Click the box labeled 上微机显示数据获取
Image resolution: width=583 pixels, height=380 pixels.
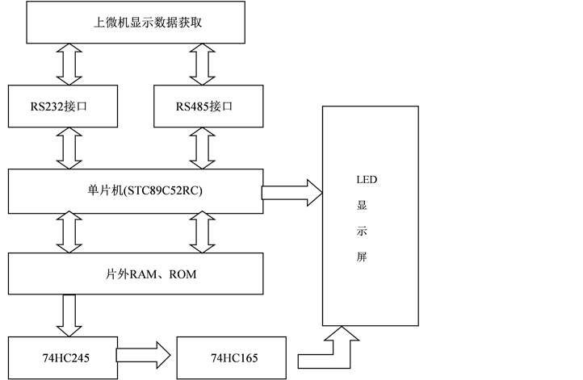pyautogui.click(x=136, y=23)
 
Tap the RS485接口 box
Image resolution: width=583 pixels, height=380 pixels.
pyautogui.click(x=208, y=106)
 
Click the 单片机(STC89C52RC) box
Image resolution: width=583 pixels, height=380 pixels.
pyautogui.click(x=136, y=191)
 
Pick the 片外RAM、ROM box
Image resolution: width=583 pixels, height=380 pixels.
pyautogui.click(x=136, y=274)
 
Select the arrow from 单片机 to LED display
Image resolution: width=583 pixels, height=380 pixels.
pyautogui.click(x=291, y=193)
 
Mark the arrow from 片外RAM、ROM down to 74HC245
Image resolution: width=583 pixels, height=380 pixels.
pyautogui.click(x=69, y=315)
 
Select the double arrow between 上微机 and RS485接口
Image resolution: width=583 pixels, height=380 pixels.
pyautogui.click(x=202, y=64)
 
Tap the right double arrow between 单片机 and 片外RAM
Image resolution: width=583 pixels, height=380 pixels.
pyautogui.click(x=202, y=232)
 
